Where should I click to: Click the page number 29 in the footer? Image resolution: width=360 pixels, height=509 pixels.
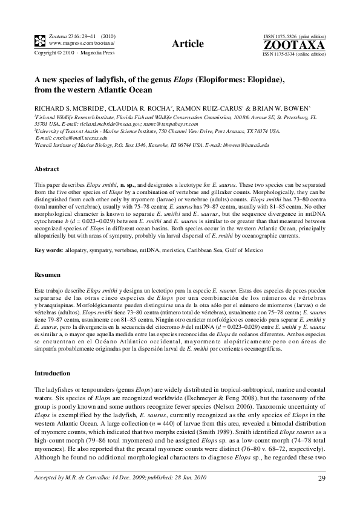pyautogui.click(x=321, y=479)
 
